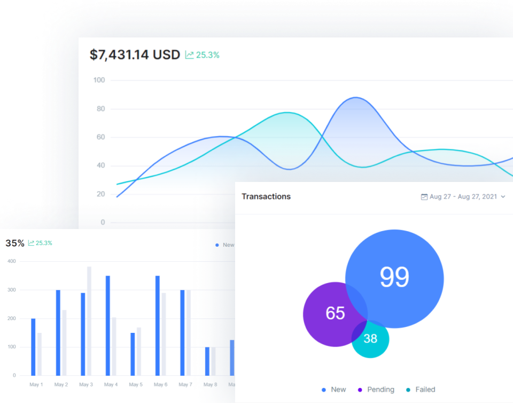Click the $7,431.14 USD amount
coord(135,55)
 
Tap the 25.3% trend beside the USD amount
coord(203,55)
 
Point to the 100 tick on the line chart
coord(99,80)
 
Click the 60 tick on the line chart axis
coord(100,137)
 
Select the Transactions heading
coord(266,196)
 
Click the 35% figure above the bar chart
coord(15,243)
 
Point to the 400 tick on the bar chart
coord(11,261)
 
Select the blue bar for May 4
coord(107,325)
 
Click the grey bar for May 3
coord(89,321)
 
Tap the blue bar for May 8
coord(207,361)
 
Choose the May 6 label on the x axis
coord(160,385)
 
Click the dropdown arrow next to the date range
coord(503,197)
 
